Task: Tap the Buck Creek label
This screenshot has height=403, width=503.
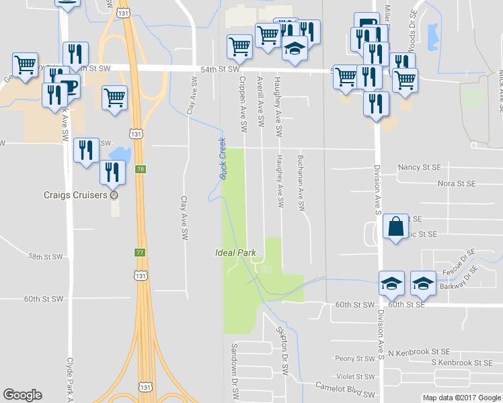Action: coord(222,159)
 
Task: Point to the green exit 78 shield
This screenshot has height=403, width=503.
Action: coord(140,169)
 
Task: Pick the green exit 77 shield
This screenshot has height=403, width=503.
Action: coord(140,253)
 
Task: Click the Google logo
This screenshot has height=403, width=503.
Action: coord(22,395)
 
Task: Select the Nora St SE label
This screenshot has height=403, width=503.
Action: coord(456,183)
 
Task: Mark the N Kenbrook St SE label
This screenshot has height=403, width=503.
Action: coord(422,351)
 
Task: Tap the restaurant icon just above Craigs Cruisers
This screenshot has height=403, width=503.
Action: coord(112,172)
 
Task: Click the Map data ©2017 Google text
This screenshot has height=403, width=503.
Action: coord(461,398)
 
